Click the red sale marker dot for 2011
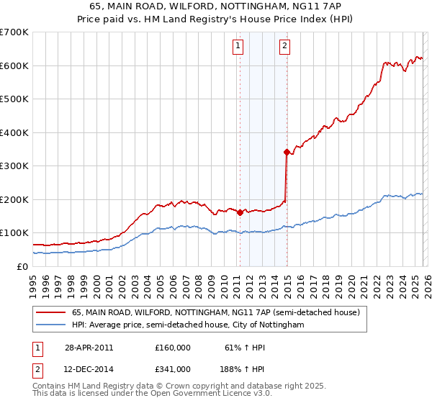pos(240,212)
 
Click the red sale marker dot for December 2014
pos(287,152)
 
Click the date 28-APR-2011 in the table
pos(89,348)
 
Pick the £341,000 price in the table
pos(173,369)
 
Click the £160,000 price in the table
pos(173,348)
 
